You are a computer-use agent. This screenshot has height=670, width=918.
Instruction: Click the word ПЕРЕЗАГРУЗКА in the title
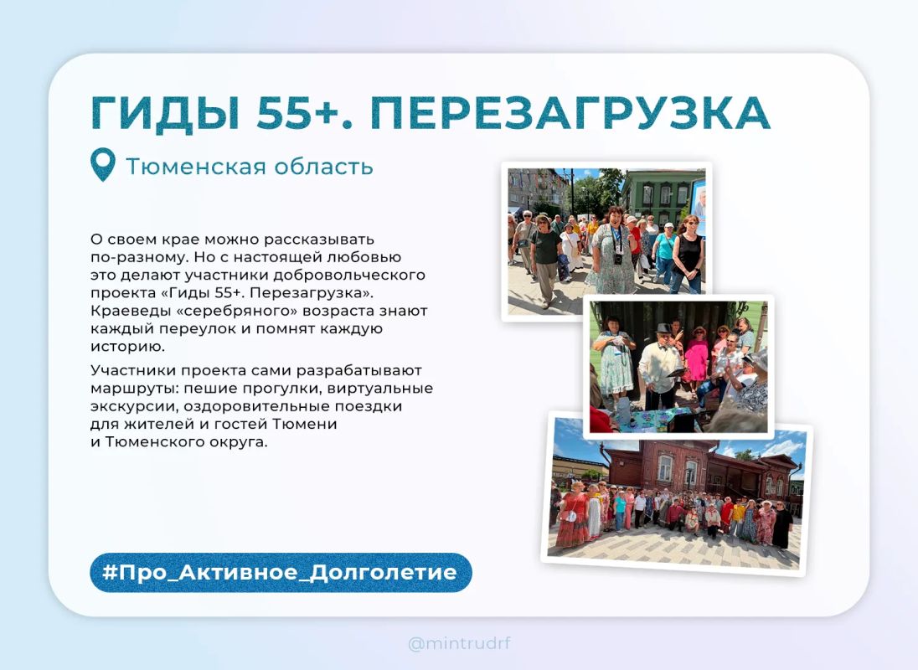[570, 112]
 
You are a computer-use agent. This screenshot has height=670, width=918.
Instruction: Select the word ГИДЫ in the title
[166, 113]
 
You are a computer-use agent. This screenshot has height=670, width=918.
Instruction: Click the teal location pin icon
[102, 164]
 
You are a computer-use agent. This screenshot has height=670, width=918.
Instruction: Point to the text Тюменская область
[250, 166]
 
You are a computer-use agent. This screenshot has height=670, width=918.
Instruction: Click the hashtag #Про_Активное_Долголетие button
[281, 572]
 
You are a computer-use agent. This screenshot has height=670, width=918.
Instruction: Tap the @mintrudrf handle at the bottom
[459, 644]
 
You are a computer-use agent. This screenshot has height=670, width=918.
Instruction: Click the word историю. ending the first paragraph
[127, 347]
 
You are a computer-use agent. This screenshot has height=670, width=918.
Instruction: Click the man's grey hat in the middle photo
[664, 329]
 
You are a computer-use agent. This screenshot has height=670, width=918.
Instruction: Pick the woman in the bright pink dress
[697, 357]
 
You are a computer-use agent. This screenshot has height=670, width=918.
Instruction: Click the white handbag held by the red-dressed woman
[568, 516]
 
